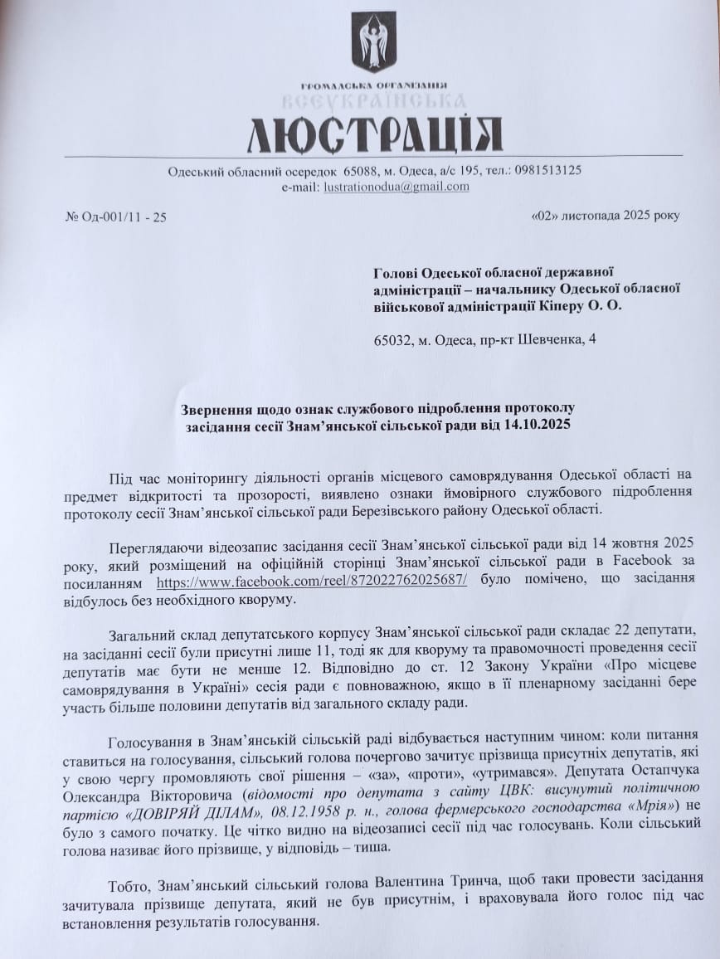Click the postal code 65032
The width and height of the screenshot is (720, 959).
392,339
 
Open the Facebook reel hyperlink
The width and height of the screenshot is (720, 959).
311,582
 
